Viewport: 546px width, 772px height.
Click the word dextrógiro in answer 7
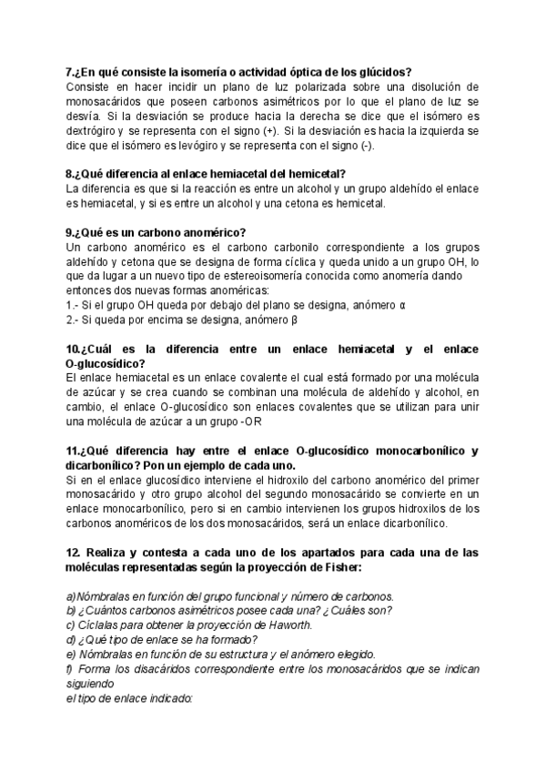tap(95, 130)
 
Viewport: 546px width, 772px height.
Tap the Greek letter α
tap(403, 305)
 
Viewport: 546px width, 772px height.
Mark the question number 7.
tap(71, 72)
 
